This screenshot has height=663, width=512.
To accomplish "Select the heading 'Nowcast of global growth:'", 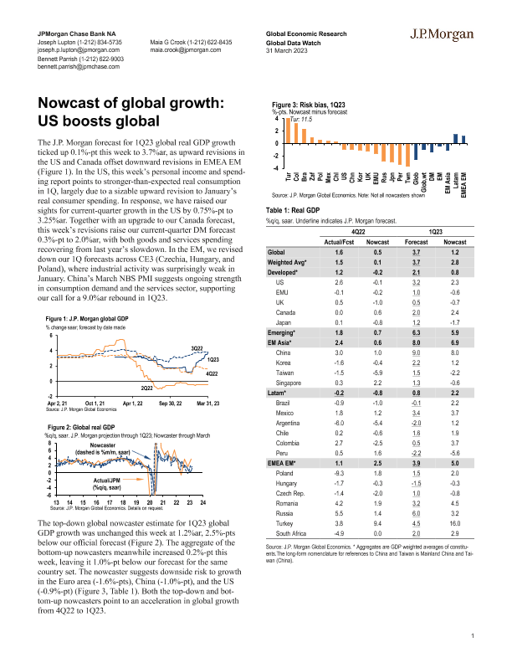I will pos(125,103).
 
